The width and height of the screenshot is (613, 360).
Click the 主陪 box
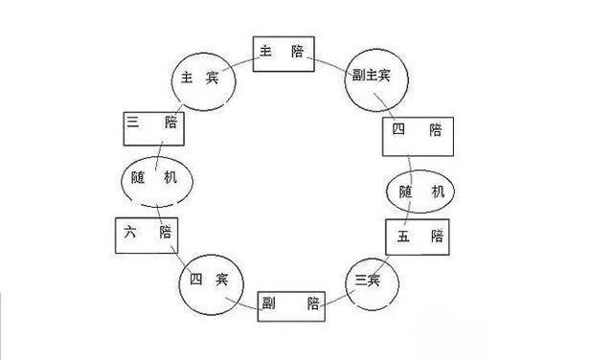(x=284, y=54)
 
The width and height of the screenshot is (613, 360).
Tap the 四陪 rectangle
(x=418, y=135)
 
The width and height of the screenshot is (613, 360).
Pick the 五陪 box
(x=417, y=236)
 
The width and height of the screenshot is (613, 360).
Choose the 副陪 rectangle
(x=290, y=304)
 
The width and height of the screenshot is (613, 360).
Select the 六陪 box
(x=147, y=232)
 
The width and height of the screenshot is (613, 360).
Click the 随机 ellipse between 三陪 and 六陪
(x=156, y=178)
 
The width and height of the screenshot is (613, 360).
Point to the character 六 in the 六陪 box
(x=132, y=232)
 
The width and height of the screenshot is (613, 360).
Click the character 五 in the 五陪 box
(x=403, y=236)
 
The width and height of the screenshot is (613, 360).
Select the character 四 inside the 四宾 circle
(x=196, y=280)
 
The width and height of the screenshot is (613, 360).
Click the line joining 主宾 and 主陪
(x=244, y=63)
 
